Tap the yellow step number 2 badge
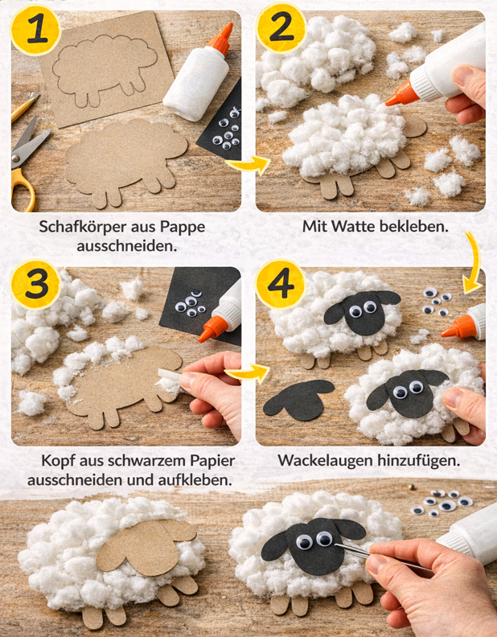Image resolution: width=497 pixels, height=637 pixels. click(281, 30)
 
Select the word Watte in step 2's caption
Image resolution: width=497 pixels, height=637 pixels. click(374, 227)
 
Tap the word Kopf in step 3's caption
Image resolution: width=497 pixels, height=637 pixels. click(56, 461)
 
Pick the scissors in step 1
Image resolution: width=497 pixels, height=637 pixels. click(27, 157)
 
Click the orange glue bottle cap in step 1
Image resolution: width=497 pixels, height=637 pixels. click(218, 38)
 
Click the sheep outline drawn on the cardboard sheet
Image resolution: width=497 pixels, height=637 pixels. click(105, 68)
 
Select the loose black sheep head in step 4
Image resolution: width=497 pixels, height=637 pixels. click(298, 397)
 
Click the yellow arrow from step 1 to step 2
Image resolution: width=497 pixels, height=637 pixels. click(246, 166)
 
